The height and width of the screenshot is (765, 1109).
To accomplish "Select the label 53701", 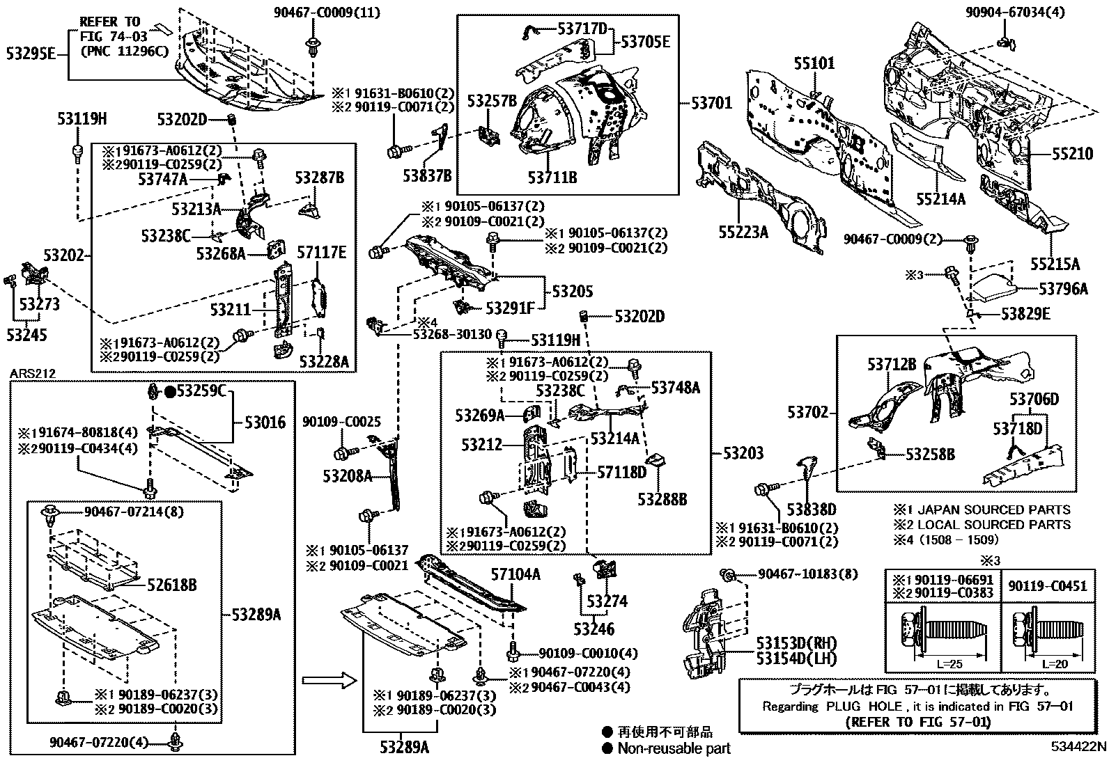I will click(x=711, y=103).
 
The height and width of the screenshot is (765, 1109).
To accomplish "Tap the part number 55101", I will click(x=814, y=63).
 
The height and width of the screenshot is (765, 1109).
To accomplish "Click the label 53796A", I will click(x=1063, y=288).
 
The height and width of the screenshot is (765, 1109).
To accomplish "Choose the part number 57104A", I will click(x=515, y=574).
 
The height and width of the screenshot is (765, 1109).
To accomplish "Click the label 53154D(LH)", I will click(x=797, y=658).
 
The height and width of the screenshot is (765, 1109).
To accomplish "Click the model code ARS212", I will click(x=33, y=374).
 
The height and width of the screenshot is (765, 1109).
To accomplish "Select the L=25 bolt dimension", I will click(x=949, y=663).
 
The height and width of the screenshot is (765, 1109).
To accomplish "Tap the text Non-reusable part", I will click(x=674, y=748).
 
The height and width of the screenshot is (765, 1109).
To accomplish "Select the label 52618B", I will click(x=171, y=585).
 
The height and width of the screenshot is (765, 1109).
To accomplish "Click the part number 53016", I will click(x=265, y=423).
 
